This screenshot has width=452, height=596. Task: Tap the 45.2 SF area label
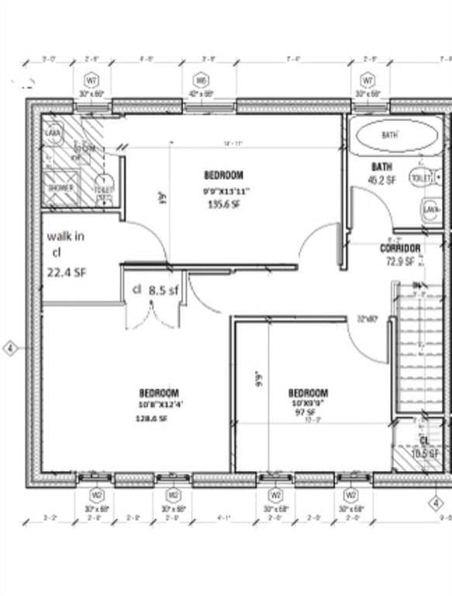coord(382,180)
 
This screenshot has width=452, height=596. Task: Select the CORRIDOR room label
coord(400,248)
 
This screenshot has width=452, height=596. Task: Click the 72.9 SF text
coord(400,262)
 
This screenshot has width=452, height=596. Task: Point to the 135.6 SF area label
coord(223,204)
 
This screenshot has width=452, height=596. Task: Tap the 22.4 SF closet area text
coord(66,271)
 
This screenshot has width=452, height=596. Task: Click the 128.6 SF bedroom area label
coord(154,418)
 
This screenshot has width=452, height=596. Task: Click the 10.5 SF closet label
coord(424,453)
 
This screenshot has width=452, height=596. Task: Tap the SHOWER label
coord(60,188)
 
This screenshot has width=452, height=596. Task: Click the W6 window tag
coord(202,80)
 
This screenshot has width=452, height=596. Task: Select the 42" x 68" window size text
coord(202,94)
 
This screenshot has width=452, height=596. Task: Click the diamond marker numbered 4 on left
coord(11,348)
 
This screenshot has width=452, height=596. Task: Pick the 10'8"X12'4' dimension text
coord(161,404)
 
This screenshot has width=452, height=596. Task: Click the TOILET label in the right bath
coord(419,178)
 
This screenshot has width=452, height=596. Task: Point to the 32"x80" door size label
coord(367,317)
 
